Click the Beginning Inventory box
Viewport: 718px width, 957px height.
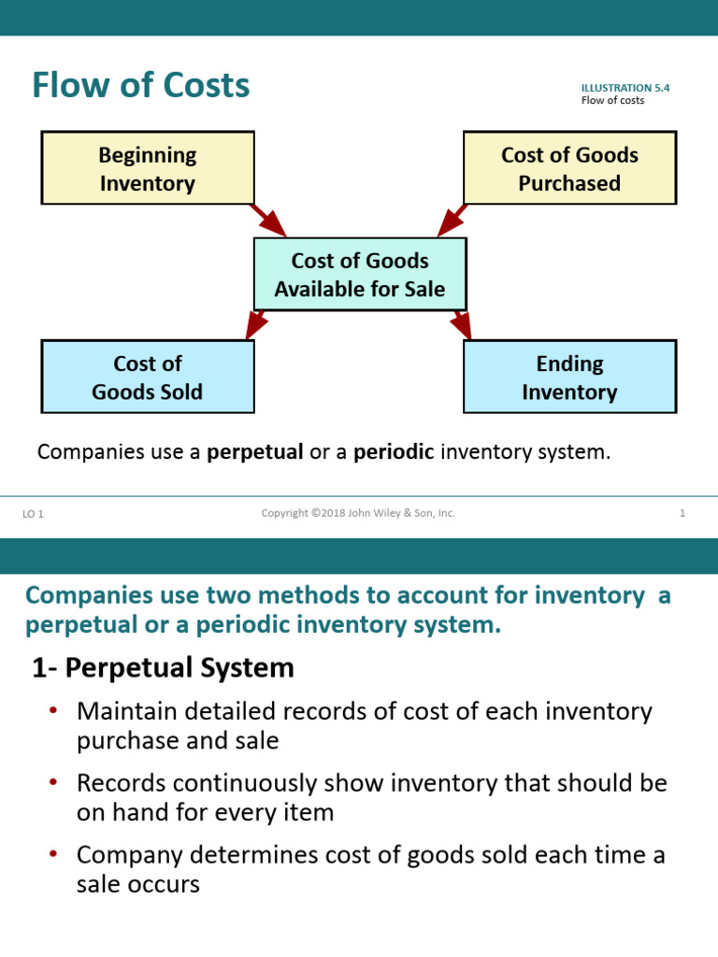[x=148, y=168]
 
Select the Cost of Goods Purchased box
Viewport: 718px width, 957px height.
[x=569, y=168]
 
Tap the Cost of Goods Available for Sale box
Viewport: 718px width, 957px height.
[x=359, y=275]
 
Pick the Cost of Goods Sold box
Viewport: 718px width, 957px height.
[x=148, y=377]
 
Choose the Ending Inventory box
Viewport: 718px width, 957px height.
[x=569, y=377]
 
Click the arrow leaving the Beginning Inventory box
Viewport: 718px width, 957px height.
[x=269, y=221]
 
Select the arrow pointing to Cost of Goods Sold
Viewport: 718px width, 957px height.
[x=256, y=324]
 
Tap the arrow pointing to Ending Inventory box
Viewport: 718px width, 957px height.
[x=461, y=324]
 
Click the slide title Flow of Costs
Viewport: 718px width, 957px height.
[x=140, y=86]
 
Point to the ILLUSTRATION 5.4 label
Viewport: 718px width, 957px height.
[x=625, y=88]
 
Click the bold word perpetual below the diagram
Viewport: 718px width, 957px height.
[x=255, y=452]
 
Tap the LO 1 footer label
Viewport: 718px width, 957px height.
[x=33, y=514]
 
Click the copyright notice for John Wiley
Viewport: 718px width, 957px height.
[x=358, y=513]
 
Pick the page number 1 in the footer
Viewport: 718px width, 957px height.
[x=682, y=513]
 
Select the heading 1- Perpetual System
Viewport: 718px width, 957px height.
[x=163, y=667]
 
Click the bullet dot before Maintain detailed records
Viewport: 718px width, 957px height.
[x=53, y=711]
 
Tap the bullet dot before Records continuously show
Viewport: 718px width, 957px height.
[x=53, y=782]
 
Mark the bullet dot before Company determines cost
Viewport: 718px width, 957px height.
[x=53, y=854]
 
